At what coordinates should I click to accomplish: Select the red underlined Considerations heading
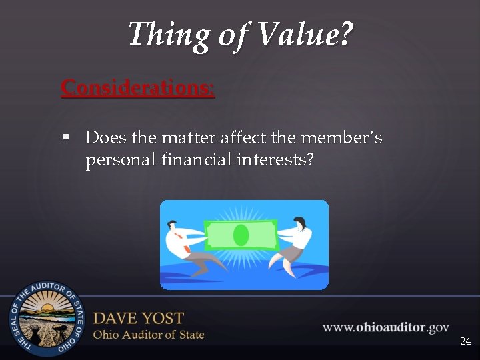[137, 88]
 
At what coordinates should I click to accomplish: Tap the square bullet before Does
[66, 137]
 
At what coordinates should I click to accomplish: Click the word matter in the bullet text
[186, 137]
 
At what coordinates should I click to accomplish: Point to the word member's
[341, 137]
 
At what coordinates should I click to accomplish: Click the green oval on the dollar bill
[241, 235]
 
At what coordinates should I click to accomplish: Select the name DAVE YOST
[138, 318]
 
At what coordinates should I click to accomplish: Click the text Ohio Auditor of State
[148, 335]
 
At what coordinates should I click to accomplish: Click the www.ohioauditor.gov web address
[385, 327]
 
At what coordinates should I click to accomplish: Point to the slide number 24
[465, 341]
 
